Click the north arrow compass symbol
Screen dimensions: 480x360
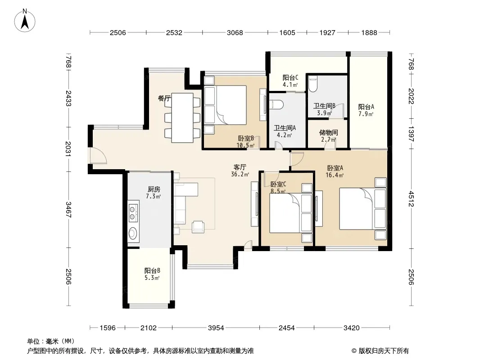[x=25, y=21]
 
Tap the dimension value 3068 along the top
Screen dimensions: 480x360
[x=235, y=32]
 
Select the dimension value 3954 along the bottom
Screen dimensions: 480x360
[x=216, y=328]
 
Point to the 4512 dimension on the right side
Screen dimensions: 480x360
[x=411, y=199]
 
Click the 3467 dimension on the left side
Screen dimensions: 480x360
[x=68, y=210]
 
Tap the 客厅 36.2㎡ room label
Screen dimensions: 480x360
[x=240, y=171]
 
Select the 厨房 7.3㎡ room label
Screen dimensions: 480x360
[x=154, y=193]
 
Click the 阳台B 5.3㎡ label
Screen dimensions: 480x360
[x=152, y=274]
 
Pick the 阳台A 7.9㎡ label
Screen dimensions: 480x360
[x=366, y=110]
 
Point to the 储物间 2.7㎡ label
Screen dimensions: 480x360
[x=328, y=136]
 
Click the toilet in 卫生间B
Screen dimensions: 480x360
[x=313, y=84]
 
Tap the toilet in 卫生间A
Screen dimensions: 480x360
[x=277, y=104]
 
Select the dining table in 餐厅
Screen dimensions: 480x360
[x=182, y=118]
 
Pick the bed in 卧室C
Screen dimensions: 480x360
[x=291, y=213]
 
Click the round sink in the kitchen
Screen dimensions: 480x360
[x=132, y=234]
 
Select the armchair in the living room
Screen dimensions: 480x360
[x=199, y=227]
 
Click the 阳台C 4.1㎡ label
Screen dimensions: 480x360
[x=290, y=81]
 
